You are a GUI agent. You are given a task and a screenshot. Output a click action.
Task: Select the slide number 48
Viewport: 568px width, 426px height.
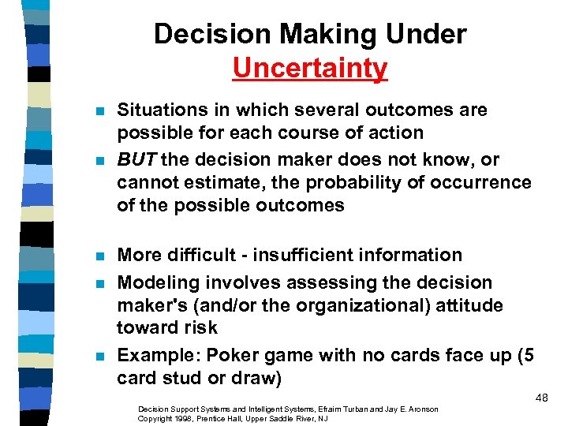pyautogui.click(x=541, y=398)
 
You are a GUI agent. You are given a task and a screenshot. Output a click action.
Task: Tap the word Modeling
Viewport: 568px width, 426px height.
pyautogui.click(x=158, y=282)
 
